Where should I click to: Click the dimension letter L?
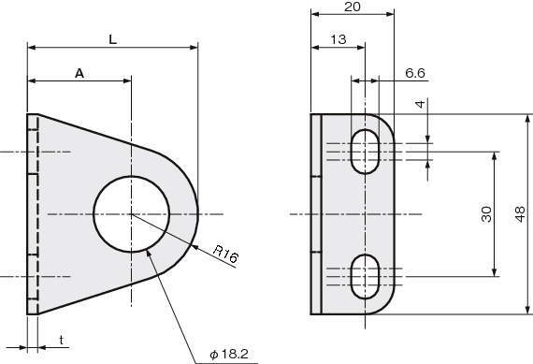[x=112, y=40]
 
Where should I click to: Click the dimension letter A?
[x=79, y=73]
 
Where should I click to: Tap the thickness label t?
[x=61, y=340]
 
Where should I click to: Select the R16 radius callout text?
[x=225, y=254]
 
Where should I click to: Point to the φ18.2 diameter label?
[x=229, y=355]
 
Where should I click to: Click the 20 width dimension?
[x=352, y=7]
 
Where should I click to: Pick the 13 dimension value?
[x=339, y=39]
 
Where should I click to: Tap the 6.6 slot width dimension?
[x=415, y=73]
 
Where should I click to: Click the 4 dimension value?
[x=421, y=104]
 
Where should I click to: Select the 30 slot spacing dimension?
[x=486, y=214]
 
